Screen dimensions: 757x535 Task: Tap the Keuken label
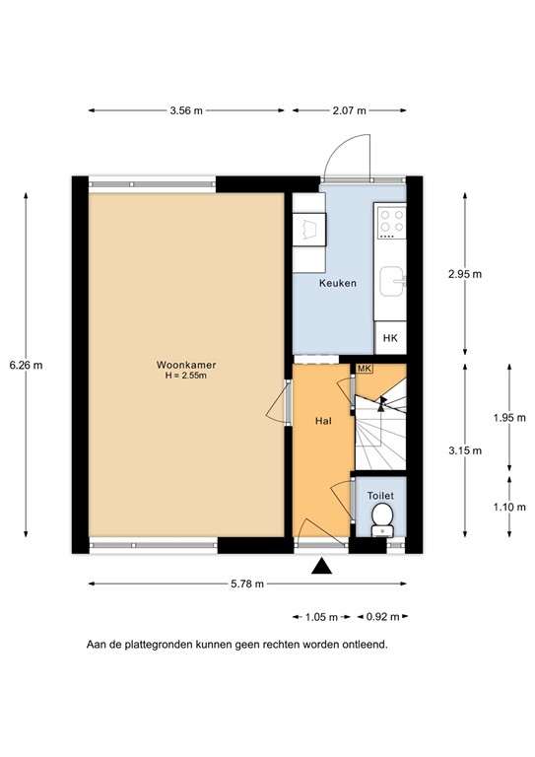click(x=337, y=283)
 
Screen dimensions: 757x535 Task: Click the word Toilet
click(x=380, y=496)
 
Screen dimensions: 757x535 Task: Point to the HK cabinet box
click(x=391, y=337)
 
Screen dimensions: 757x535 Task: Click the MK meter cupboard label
click(x=364, y=369)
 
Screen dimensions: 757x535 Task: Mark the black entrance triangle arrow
click(x=321, y=566)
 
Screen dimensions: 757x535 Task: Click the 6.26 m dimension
click(x=26, y=364)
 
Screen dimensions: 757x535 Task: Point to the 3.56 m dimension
click(x=185, y=110)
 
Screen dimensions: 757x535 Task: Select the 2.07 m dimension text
click(x=348, y=110)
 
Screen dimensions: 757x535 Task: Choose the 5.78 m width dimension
click(x=246, y=584)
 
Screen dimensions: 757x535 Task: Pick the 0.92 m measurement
click(x=382, y=617)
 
